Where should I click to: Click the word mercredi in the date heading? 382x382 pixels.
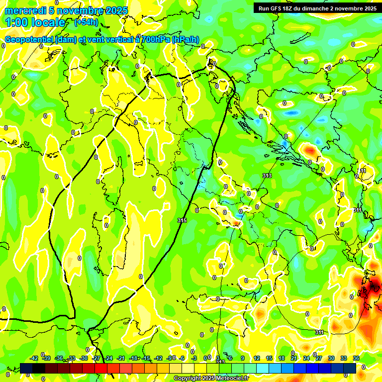[x=25, y=10]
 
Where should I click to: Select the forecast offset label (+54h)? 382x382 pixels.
[x=86, y=22]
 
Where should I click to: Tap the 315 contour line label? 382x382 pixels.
[x=182, y=220]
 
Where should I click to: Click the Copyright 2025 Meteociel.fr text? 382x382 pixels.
[x=211, y=379]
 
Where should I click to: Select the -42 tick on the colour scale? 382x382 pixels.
[x=34, y=358]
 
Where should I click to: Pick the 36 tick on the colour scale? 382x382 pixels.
[x=356, y=358]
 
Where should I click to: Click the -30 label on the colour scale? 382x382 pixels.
[x=84, y=358]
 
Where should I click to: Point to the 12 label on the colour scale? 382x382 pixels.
[x=257, y=358]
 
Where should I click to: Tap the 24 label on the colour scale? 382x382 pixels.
[x=306, y=358]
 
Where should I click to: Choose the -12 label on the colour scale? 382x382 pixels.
[x=158, y=358]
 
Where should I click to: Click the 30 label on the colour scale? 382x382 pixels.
[x=331, y=358]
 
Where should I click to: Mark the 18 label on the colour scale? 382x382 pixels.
[x=282, y=358]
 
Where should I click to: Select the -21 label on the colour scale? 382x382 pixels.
[x=121, y=358]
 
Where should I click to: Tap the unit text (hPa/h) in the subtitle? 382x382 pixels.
[x=186, y=40]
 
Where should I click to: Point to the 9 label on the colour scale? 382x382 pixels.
[x=243, y=358]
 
